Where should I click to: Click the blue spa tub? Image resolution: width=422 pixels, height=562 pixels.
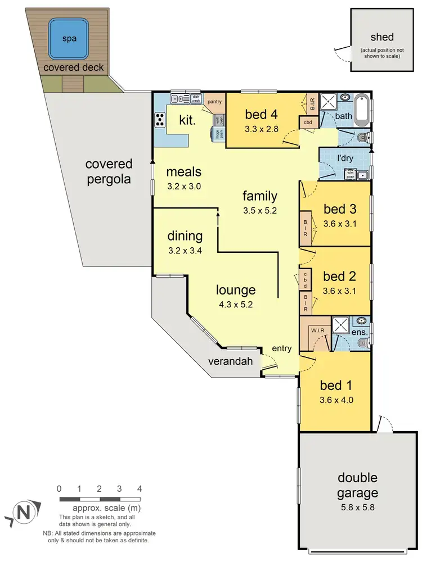pos(69,39)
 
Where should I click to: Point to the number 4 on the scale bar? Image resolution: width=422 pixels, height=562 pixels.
pos(139,488)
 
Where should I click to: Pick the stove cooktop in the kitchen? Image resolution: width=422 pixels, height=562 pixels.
pos(160,120)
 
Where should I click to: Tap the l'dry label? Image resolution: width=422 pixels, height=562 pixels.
pos(344,158)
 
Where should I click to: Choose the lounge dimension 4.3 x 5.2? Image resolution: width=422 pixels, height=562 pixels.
pos(236,305)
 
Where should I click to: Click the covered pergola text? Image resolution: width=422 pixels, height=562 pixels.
pos(109,171)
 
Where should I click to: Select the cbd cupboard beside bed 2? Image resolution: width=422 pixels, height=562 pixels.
pos(306,279)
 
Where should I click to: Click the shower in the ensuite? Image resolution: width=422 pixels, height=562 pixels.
pos(341,326)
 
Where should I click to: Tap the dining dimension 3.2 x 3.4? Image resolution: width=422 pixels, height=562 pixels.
pos(185,251)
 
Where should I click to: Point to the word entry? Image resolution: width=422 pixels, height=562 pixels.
pos(281,348)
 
